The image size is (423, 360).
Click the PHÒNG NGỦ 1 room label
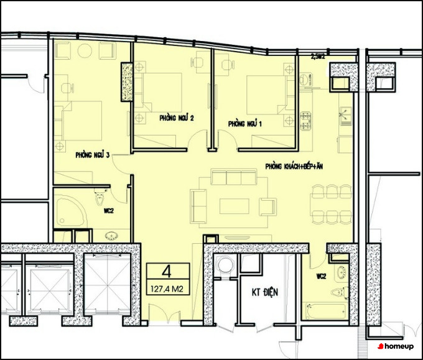click(x=244, y=124)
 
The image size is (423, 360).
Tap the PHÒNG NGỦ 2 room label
click(x=177, y=118)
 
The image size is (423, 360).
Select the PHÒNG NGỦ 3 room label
click(x=93, y=155)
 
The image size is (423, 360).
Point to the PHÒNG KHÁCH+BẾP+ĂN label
click(x=294, y=166)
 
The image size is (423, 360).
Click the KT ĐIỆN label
click(x=264, y=292)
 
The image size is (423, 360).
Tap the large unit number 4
click(x=167, y=271)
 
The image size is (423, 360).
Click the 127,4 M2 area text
click(x=167, y=289)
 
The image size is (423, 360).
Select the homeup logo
click(x=396, y=346)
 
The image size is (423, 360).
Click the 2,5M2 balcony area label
click(x=317, y=57)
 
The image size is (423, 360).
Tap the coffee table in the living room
click(x=234, y=206)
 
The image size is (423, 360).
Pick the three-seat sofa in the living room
click(x=234, y=177)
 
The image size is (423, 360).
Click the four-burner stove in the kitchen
click(x=305, y=121)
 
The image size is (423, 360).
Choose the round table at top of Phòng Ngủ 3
click(x=85, y=50)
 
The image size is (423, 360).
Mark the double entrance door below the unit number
click(x=164, y=313)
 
